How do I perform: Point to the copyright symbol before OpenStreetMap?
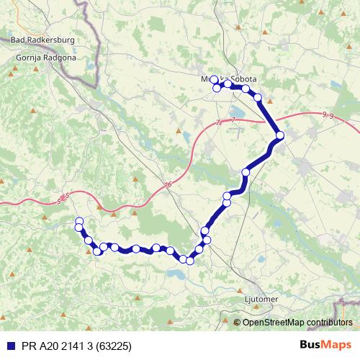238,323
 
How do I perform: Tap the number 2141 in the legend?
66,345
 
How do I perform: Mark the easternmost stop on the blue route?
280,135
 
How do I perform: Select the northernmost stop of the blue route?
214,80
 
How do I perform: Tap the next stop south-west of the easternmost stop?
246,172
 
